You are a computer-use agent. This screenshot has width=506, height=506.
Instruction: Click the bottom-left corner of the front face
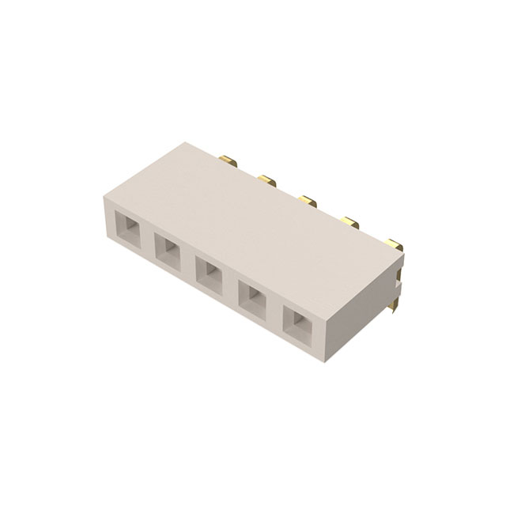pos(104,240)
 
